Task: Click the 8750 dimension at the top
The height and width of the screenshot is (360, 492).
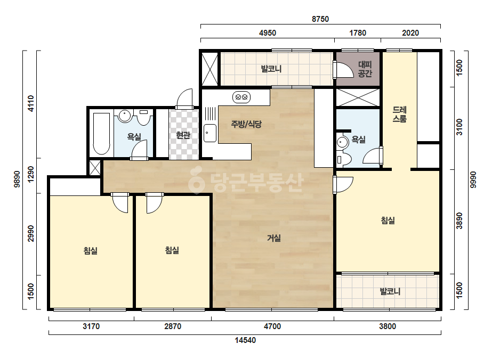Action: point(320,19)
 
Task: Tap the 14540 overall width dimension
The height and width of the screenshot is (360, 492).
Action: point(245,340)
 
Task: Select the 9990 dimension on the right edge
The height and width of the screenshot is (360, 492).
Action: point(473,179)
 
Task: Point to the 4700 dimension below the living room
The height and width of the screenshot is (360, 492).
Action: point(272,326)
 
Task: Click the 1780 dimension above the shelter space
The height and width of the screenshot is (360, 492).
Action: point(358,33)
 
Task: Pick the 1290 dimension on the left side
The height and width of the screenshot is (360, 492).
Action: point(30,174)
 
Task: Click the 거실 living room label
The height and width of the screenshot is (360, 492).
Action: point(274,239)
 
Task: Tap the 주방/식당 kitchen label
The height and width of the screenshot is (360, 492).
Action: point(246,124)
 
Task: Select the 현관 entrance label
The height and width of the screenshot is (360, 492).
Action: point(183,135)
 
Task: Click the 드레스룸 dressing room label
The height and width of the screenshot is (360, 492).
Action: point(400,114)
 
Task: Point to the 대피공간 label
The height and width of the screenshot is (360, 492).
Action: point(365,69)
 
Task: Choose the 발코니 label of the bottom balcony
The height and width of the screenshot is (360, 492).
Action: point(390,292)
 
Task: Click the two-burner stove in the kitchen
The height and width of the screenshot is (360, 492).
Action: point(241,97)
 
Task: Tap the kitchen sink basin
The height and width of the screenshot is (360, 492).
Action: point(210,133)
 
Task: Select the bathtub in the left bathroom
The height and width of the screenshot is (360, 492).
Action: point(101,134)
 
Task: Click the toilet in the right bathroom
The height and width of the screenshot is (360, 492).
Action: point(343,159)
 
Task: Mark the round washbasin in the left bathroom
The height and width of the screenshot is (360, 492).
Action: point(125,116)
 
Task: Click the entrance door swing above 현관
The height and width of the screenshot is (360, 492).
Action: point(184,99)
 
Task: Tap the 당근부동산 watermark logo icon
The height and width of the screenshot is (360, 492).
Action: point(196,181)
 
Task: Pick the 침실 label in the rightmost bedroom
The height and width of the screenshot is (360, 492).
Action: point(388,220)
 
